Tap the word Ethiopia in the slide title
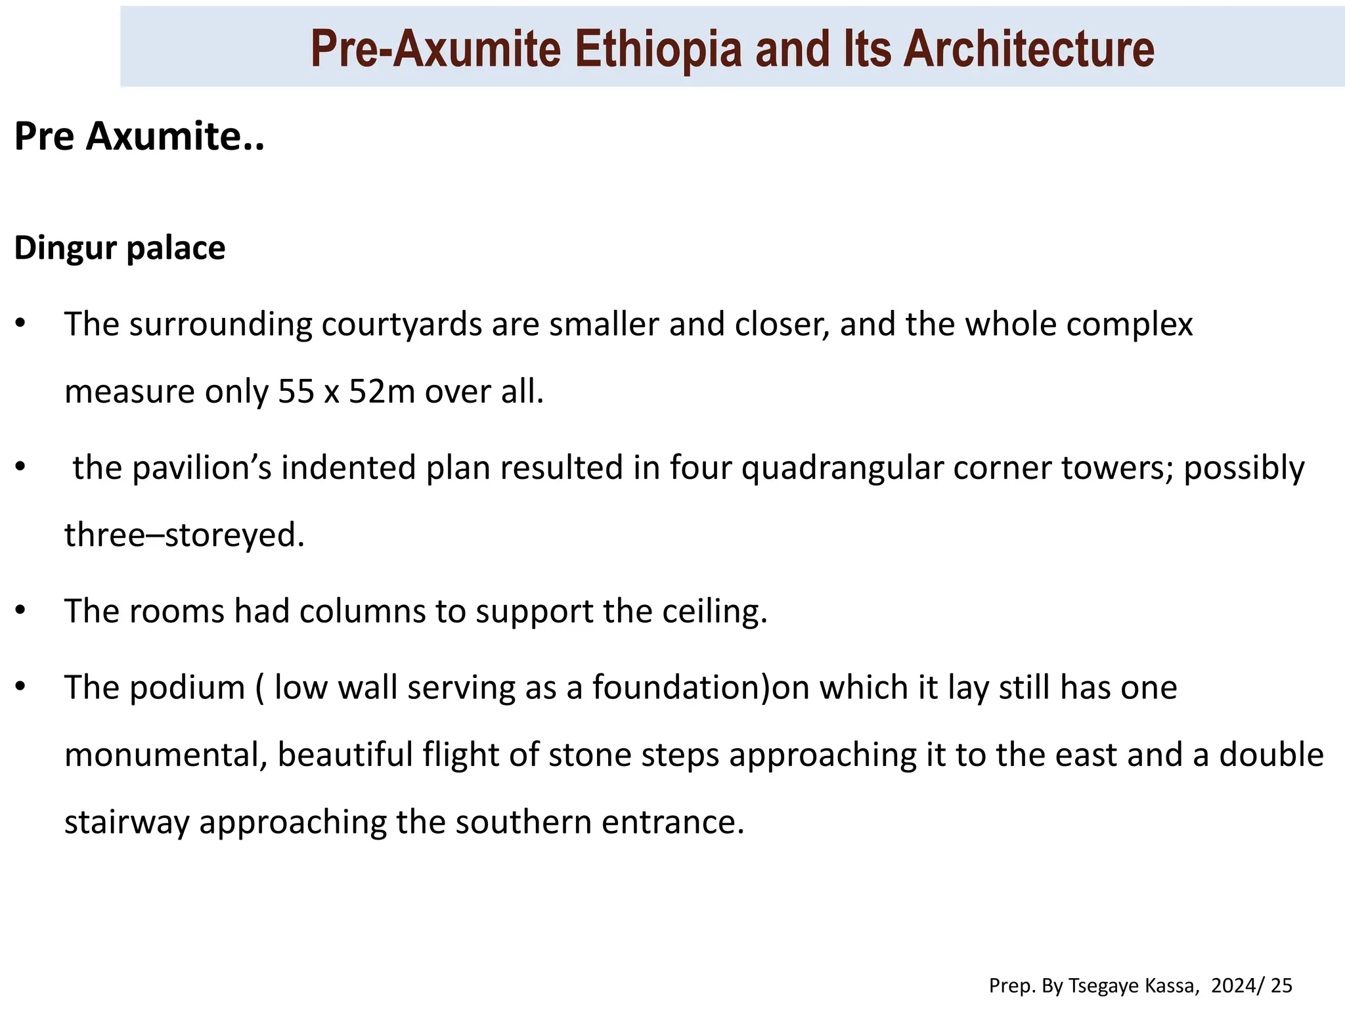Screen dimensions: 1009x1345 tap(658, 49)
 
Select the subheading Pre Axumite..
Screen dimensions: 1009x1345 tap(139, 136)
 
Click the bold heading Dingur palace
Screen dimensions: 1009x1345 tap(120, 248)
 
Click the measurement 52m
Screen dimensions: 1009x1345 tap(382, 392)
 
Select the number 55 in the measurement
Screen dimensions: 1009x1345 tap(296, 392)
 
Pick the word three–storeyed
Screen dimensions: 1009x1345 tap(185, 535)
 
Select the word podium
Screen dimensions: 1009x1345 tap(187, 688)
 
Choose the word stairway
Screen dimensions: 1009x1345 tap(127, 822)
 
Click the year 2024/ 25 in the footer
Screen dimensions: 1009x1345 tap(1252, 985)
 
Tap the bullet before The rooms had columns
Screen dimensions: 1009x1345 tap(20, 611)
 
